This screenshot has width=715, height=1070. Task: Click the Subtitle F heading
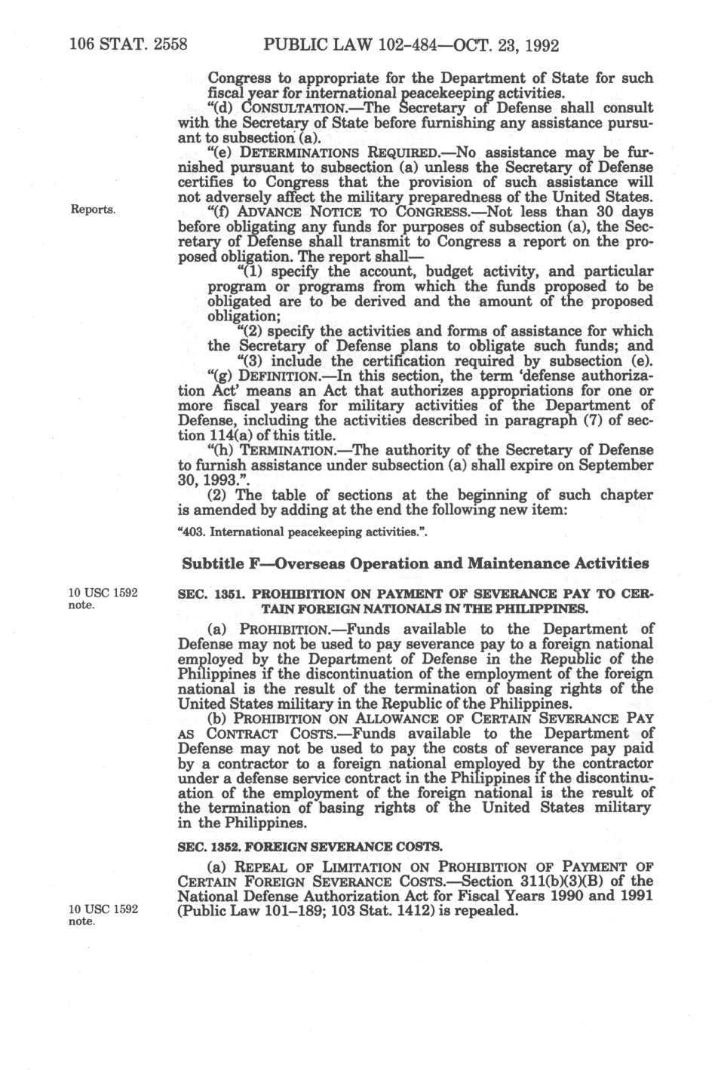pyautogui.click(x=416, y=563)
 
